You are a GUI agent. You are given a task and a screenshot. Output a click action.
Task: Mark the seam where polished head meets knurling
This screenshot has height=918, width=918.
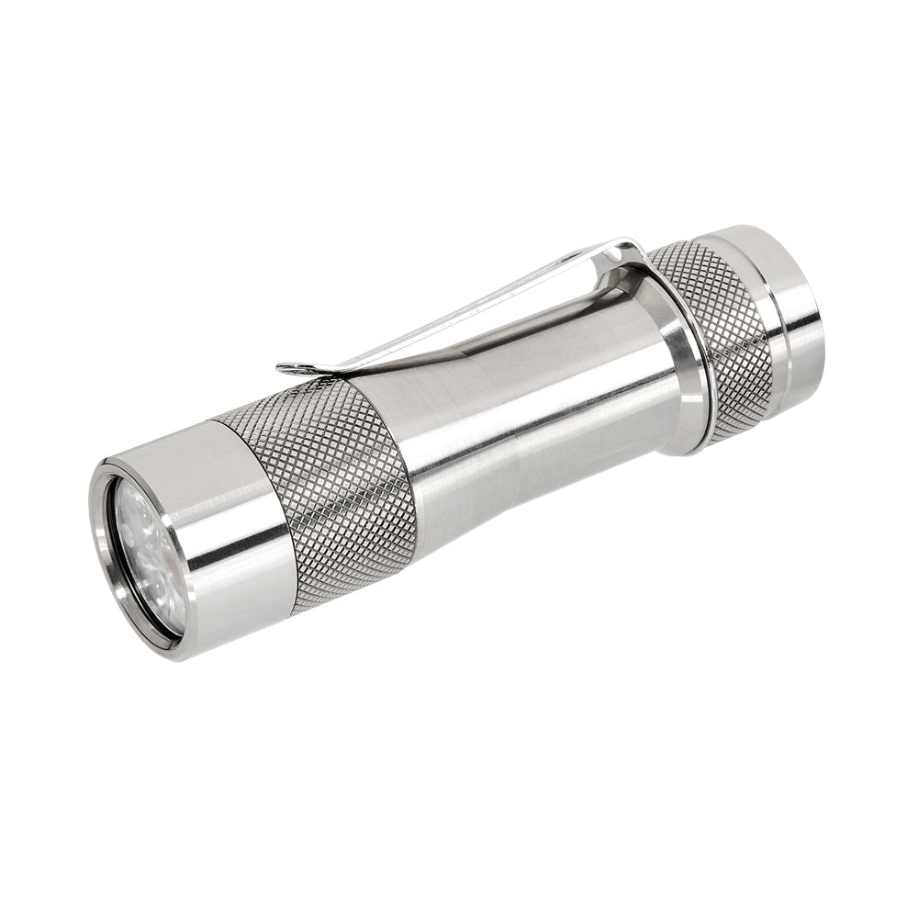(257, 514)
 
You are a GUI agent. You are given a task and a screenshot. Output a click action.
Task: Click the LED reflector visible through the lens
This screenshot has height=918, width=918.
(138, 542)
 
